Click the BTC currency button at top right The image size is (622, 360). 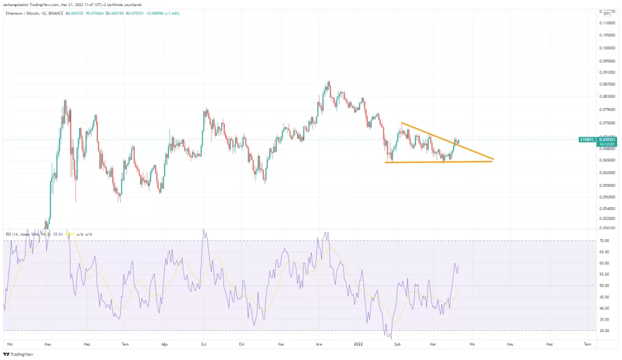coord(606,12)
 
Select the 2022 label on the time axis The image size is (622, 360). coord(358,344)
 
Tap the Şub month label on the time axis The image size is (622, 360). coord(397,344)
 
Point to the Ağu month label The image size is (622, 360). coord(163,344)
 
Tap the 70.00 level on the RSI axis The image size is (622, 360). coord(604,241)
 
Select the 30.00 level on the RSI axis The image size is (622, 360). coord(604,331)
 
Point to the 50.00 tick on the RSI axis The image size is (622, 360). coord(604,286)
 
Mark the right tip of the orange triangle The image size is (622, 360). coord(494,160)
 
